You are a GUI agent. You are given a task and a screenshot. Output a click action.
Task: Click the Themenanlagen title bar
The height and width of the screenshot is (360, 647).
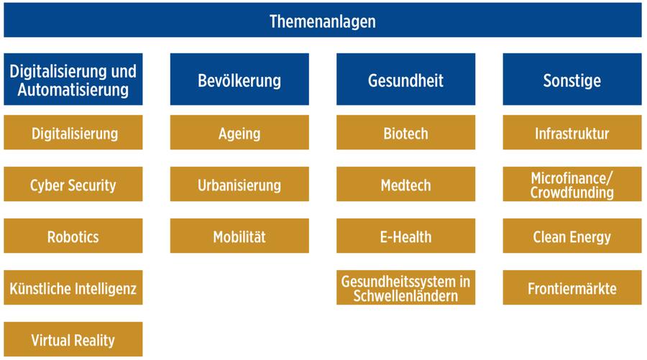(x=322, y=20)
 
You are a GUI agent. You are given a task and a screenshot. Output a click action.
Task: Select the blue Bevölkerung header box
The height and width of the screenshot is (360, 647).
(x=239, y=80)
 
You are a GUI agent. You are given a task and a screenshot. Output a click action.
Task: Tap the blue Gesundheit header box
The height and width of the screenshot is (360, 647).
(x=405, y=80)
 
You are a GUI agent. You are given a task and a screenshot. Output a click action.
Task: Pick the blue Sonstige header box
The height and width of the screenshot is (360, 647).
(x=572, y=80)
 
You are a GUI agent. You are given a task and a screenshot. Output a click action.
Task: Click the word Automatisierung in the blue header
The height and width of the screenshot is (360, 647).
(x=73, y=90)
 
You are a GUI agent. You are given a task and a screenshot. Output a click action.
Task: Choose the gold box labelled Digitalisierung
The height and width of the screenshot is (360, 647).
(x=73, y=133)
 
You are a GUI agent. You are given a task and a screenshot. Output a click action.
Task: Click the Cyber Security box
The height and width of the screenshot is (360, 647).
(x=73, y=185)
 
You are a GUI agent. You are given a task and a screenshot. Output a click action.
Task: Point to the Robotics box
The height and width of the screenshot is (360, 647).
(x=73, y=236)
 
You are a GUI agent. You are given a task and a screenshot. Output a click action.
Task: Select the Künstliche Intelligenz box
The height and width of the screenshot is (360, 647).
(x=73, y=288)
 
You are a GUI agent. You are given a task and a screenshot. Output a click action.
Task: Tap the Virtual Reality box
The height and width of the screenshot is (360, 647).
(x=73, y=340)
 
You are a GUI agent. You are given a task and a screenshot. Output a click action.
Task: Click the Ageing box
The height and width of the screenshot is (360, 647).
(x=239, y=133)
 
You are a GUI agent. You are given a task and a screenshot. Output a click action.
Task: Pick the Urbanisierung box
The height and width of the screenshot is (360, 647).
(x=239, y=185)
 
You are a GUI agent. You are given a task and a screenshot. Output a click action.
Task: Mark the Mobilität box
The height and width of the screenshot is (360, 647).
(x=239, y=236)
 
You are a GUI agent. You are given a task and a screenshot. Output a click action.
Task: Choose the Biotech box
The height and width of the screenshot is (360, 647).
(x=405, y=133)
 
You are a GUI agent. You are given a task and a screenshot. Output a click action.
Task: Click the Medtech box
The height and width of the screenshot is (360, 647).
(x=405, y=185)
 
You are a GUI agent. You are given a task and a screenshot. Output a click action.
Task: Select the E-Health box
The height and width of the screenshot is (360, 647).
(x=405, y=236)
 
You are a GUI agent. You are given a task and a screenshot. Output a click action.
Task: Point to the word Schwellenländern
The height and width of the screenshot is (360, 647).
(x=405, y=295)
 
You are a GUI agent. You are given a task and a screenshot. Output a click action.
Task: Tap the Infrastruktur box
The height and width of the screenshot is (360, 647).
(x=572, y=133)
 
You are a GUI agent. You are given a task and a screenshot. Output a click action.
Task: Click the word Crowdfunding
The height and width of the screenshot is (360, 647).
(x=572, y=193)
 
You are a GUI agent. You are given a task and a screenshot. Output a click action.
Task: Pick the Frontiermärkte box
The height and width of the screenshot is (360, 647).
(x=572, y=288)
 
